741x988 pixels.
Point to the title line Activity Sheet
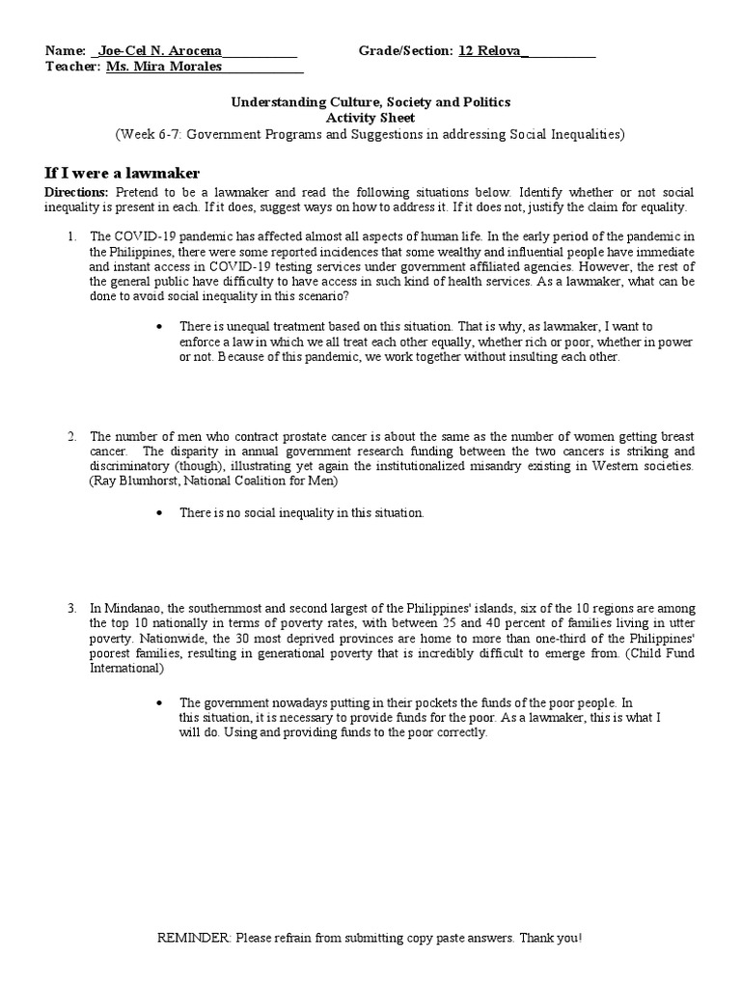(x=370, y=118)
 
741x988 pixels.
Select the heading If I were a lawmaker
(x=123, y=173)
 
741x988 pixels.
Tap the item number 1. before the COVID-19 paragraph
(x=71, y=235)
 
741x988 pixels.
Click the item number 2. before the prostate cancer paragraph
(x=71, y=436)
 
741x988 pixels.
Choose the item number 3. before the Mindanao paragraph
(x=71, y=608)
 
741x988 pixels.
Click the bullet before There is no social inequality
(x=159, y=513)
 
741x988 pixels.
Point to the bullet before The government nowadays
(x=159, y=702)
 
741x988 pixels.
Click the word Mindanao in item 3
(x=135, y=608)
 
